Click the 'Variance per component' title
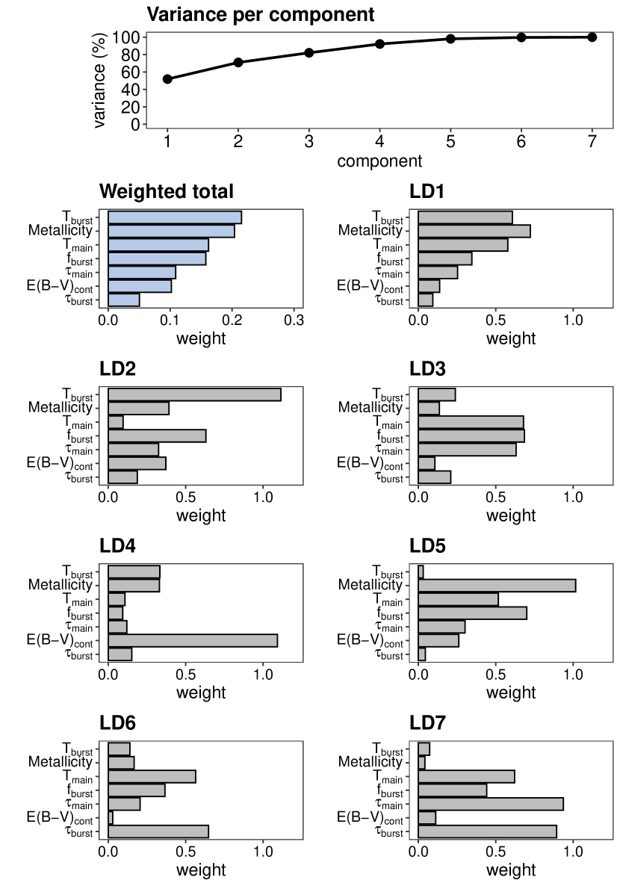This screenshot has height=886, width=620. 260,13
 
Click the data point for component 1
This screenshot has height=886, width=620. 167,78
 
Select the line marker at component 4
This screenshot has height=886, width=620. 379,44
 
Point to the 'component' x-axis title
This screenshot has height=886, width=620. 379,161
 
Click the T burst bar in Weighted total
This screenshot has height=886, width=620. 175,217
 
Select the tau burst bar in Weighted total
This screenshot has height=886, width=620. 124,300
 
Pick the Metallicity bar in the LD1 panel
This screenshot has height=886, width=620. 474,231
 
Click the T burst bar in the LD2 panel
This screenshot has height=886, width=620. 194,394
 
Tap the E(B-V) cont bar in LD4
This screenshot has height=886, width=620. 193,640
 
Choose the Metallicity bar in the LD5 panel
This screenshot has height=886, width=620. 497,585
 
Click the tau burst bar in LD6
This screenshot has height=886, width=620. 158,831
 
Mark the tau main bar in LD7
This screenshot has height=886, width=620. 491,804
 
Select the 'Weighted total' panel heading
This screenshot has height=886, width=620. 167,191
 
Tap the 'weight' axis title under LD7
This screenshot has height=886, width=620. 511,870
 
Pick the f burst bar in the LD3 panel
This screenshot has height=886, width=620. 471,436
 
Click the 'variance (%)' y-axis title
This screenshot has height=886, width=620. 100,81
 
